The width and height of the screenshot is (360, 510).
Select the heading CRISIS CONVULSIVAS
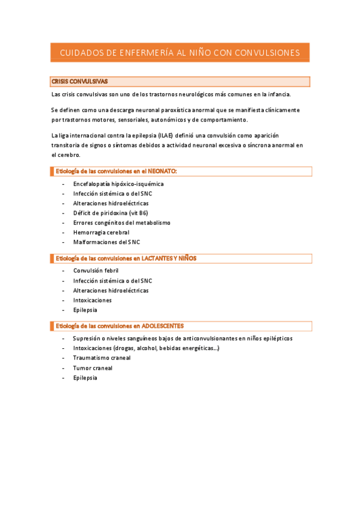tap(80, 81)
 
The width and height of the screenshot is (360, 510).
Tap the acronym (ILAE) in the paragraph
tap(166, 135)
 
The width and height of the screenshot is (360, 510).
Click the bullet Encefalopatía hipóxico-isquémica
tap(118, 184)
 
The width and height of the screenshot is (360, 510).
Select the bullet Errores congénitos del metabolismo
tap(121, 223)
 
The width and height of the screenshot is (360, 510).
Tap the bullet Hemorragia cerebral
tap(100, 232)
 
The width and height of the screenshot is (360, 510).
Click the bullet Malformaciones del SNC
tap(106, 242)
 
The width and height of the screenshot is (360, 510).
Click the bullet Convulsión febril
tap(96, 271)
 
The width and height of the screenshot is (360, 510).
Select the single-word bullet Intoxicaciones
tap(92, 300)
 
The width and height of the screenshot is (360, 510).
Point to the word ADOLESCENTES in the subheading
tap(170, 326)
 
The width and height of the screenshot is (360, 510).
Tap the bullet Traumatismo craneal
tap(102, 358)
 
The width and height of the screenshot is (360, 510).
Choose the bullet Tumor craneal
tap(93, 368)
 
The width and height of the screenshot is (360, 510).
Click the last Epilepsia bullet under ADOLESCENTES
tap(85, 378)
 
